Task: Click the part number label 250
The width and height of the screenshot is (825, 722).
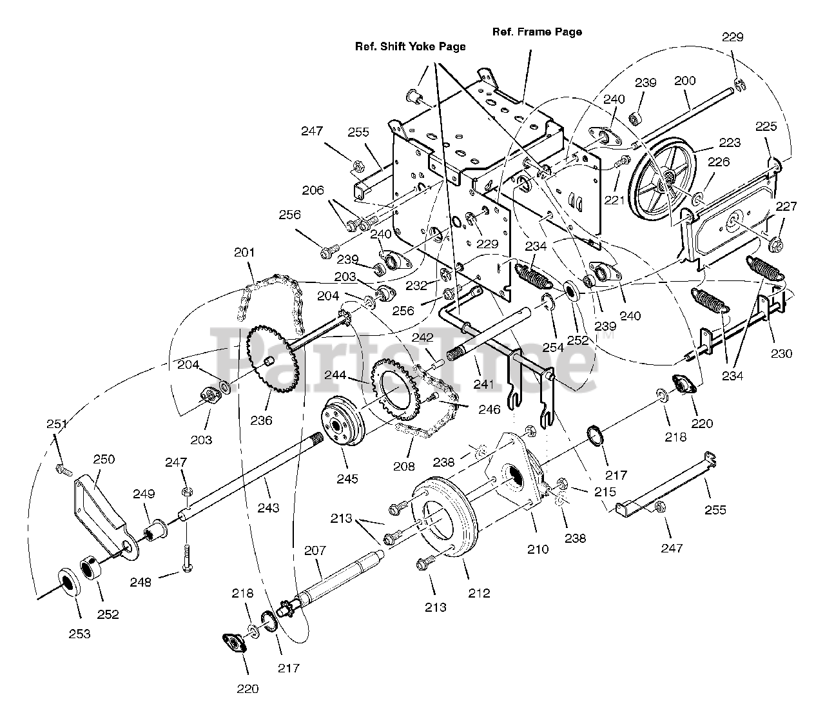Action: point(104,459)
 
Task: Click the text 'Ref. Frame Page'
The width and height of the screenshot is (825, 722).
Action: point(536,32)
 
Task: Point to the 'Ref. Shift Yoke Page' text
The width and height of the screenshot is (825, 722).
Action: point(410,46)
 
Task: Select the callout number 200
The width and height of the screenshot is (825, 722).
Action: point(684,81)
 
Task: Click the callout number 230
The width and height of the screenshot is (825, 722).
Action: point(781,353)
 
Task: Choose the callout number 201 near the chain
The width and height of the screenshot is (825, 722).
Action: point(245,252)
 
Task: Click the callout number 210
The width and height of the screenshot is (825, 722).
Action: point(538,549)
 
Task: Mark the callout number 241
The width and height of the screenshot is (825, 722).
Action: point(483,384)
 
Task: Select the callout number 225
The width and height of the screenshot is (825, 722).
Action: point(766,126)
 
